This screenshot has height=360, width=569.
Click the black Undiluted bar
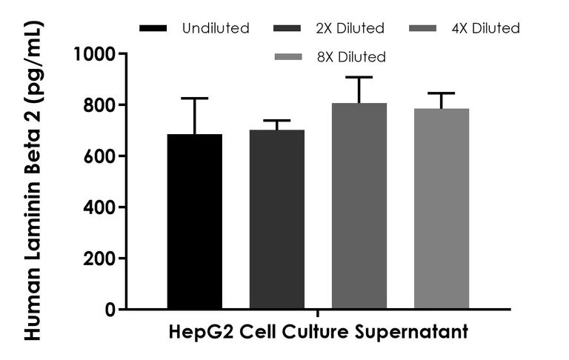[x=195, y=222]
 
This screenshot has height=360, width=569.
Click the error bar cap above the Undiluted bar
[x=195, y=98]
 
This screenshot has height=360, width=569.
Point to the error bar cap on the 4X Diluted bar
[x=359, y=77]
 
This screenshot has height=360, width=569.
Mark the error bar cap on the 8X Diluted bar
[x=442, y=93]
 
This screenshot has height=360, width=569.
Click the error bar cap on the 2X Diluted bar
[x=277, y=120]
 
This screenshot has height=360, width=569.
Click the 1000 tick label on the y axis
[x=96, y=54]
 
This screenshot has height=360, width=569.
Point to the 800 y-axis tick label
[x=100, y=105]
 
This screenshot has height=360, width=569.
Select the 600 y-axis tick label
[x=100, y=156]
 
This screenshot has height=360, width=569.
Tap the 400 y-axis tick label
[x=100, y=207]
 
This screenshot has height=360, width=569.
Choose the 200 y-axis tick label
[x=100, y=259]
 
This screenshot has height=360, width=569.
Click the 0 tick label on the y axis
[x=110, y=310]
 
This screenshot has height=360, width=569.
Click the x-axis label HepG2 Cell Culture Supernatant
[x=319, y=331]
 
